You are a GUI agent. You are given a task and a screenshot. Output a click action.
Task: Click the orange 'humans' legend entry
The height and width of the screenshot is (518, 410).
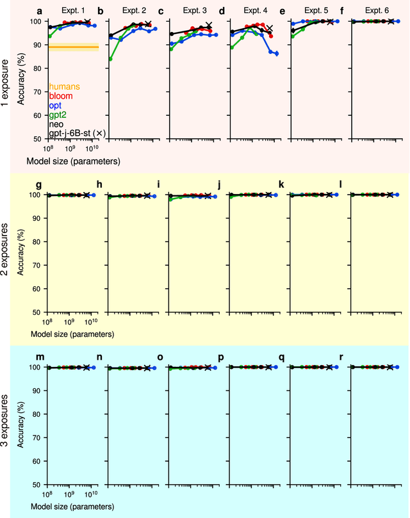tap(65, 86)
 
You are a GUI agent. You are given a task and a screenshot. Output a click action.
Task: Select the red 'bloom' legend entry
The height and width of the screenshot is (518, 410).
tap(61, 96)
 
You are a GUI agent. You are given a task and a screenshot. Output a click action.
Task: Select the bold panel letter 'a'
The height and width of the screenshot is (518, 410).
tap(40, 11)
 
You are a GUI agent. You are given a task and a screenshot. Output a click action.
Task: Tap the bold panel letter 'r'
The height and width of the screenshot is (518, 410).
tap(343, 356)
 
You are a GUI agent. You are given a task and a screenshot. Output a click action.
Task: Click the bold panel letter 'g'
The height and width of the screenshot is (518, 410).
tap(40, 184)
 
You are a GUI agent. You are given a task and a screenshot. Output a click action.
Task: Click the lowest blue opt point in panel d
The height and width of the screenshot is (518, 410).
tap(277, 54)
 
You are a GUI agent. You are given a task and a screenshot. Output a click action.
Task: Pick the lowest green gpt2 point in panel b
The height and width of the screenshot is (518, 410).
tap(111, 59)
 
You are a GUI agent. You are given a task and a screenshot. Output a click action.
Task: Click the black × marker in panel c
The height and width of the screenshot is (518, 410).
tap(208, 26)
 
